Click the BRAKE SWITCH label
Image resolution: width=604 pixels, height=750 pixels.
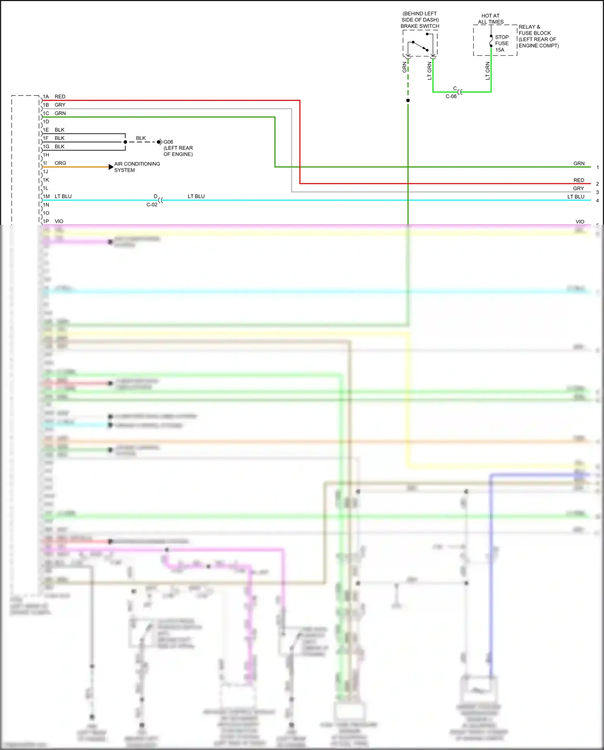point(420,26)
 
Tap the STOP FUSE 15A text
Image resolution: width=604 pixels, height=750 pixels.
point(502,44)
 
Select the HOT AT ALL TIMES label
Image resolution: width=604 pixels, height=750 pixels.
point(490,19)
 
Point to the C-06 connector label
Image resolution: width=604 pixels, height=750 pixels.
point(451,97)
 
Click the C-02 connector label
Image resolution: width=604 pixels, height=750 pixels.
point(152,205)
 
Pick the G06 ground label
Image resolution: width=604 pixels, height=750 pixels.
point(168,142)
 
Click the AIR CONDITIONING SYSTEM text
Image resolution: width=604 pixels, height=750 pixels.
point(137,167)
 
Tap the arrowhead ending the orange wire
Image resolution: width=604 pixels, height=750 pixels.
point(111,167)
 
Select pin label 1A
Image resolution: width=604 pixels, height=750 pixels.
point(46,97)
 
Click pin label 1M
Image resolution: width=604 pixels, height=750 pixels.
point(46,197)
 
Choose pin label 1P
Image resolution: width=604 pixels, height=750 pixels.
point(46,221)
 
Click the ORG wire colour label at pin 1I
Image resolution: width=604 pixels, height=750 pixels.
point(60,163)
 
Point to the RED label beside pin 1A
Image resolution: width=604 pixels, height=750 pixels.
point(60,97)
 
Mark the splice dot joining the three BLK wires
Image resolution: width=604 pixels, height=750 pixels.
point(125,142)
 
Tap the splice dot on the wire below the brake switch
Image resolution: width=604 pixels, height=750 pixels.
point(408,100)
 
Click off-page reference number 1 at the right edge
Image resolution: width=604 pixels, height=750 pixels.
point(598,167)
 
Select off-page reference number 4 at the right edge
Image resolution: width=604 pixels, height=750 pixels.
point(598,201)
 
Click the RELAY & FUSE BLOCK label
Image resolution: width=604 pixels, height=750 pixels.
point(538,36)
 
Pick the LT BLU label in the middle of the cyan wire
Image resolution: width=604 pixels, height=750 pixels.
point(196,197)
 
